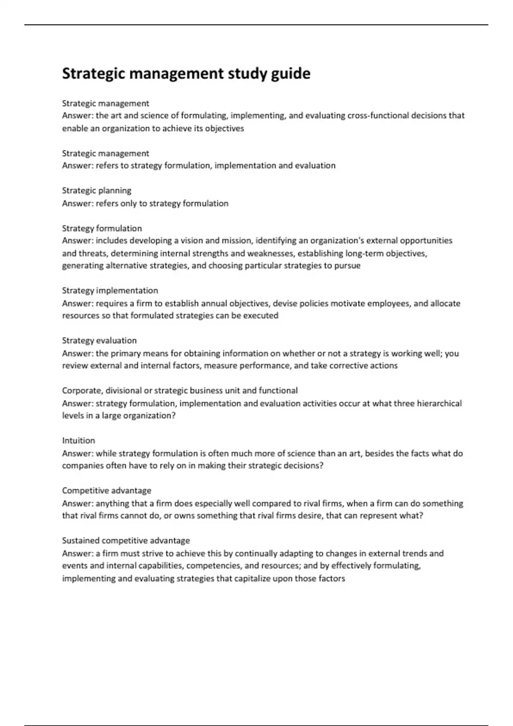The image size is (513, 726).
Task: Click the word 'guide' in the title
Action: click(x=291, y=74)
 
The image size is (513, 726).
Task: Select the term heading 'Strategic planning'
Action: click(x=97, y=190)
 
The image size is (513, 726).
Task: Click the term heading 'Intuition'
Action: click(x=79, y=440)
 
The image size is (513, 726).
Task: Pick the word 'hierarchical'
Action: click(x=439, y=403)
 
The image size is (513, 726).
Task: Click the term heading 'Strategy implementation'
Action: click(x=110, y=290)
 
